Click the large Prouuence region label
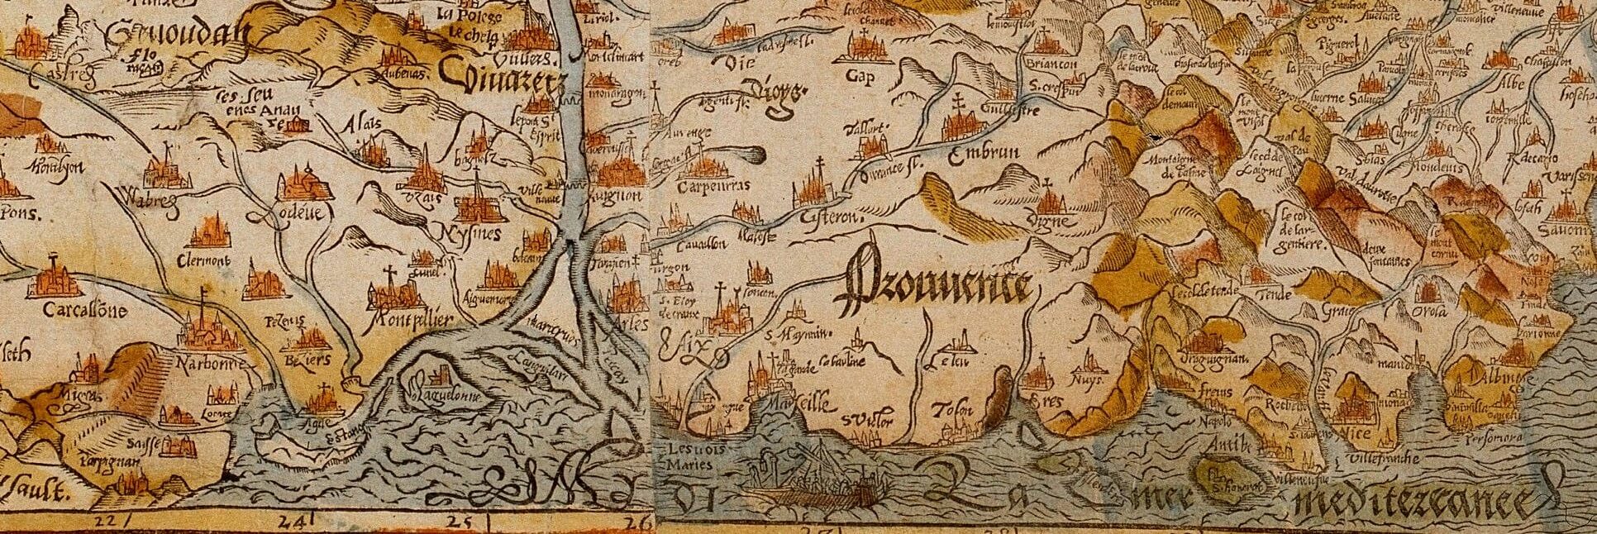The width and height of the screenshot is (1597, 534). click(x=934, y=288)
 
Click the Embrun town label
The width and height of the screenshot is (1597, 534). click(x=985, y=154)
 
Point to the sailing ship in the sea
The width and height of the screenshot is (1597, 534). click(x=814, y=479)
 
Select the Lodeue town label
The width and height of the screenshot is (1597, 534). click(x=296, y=213)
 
